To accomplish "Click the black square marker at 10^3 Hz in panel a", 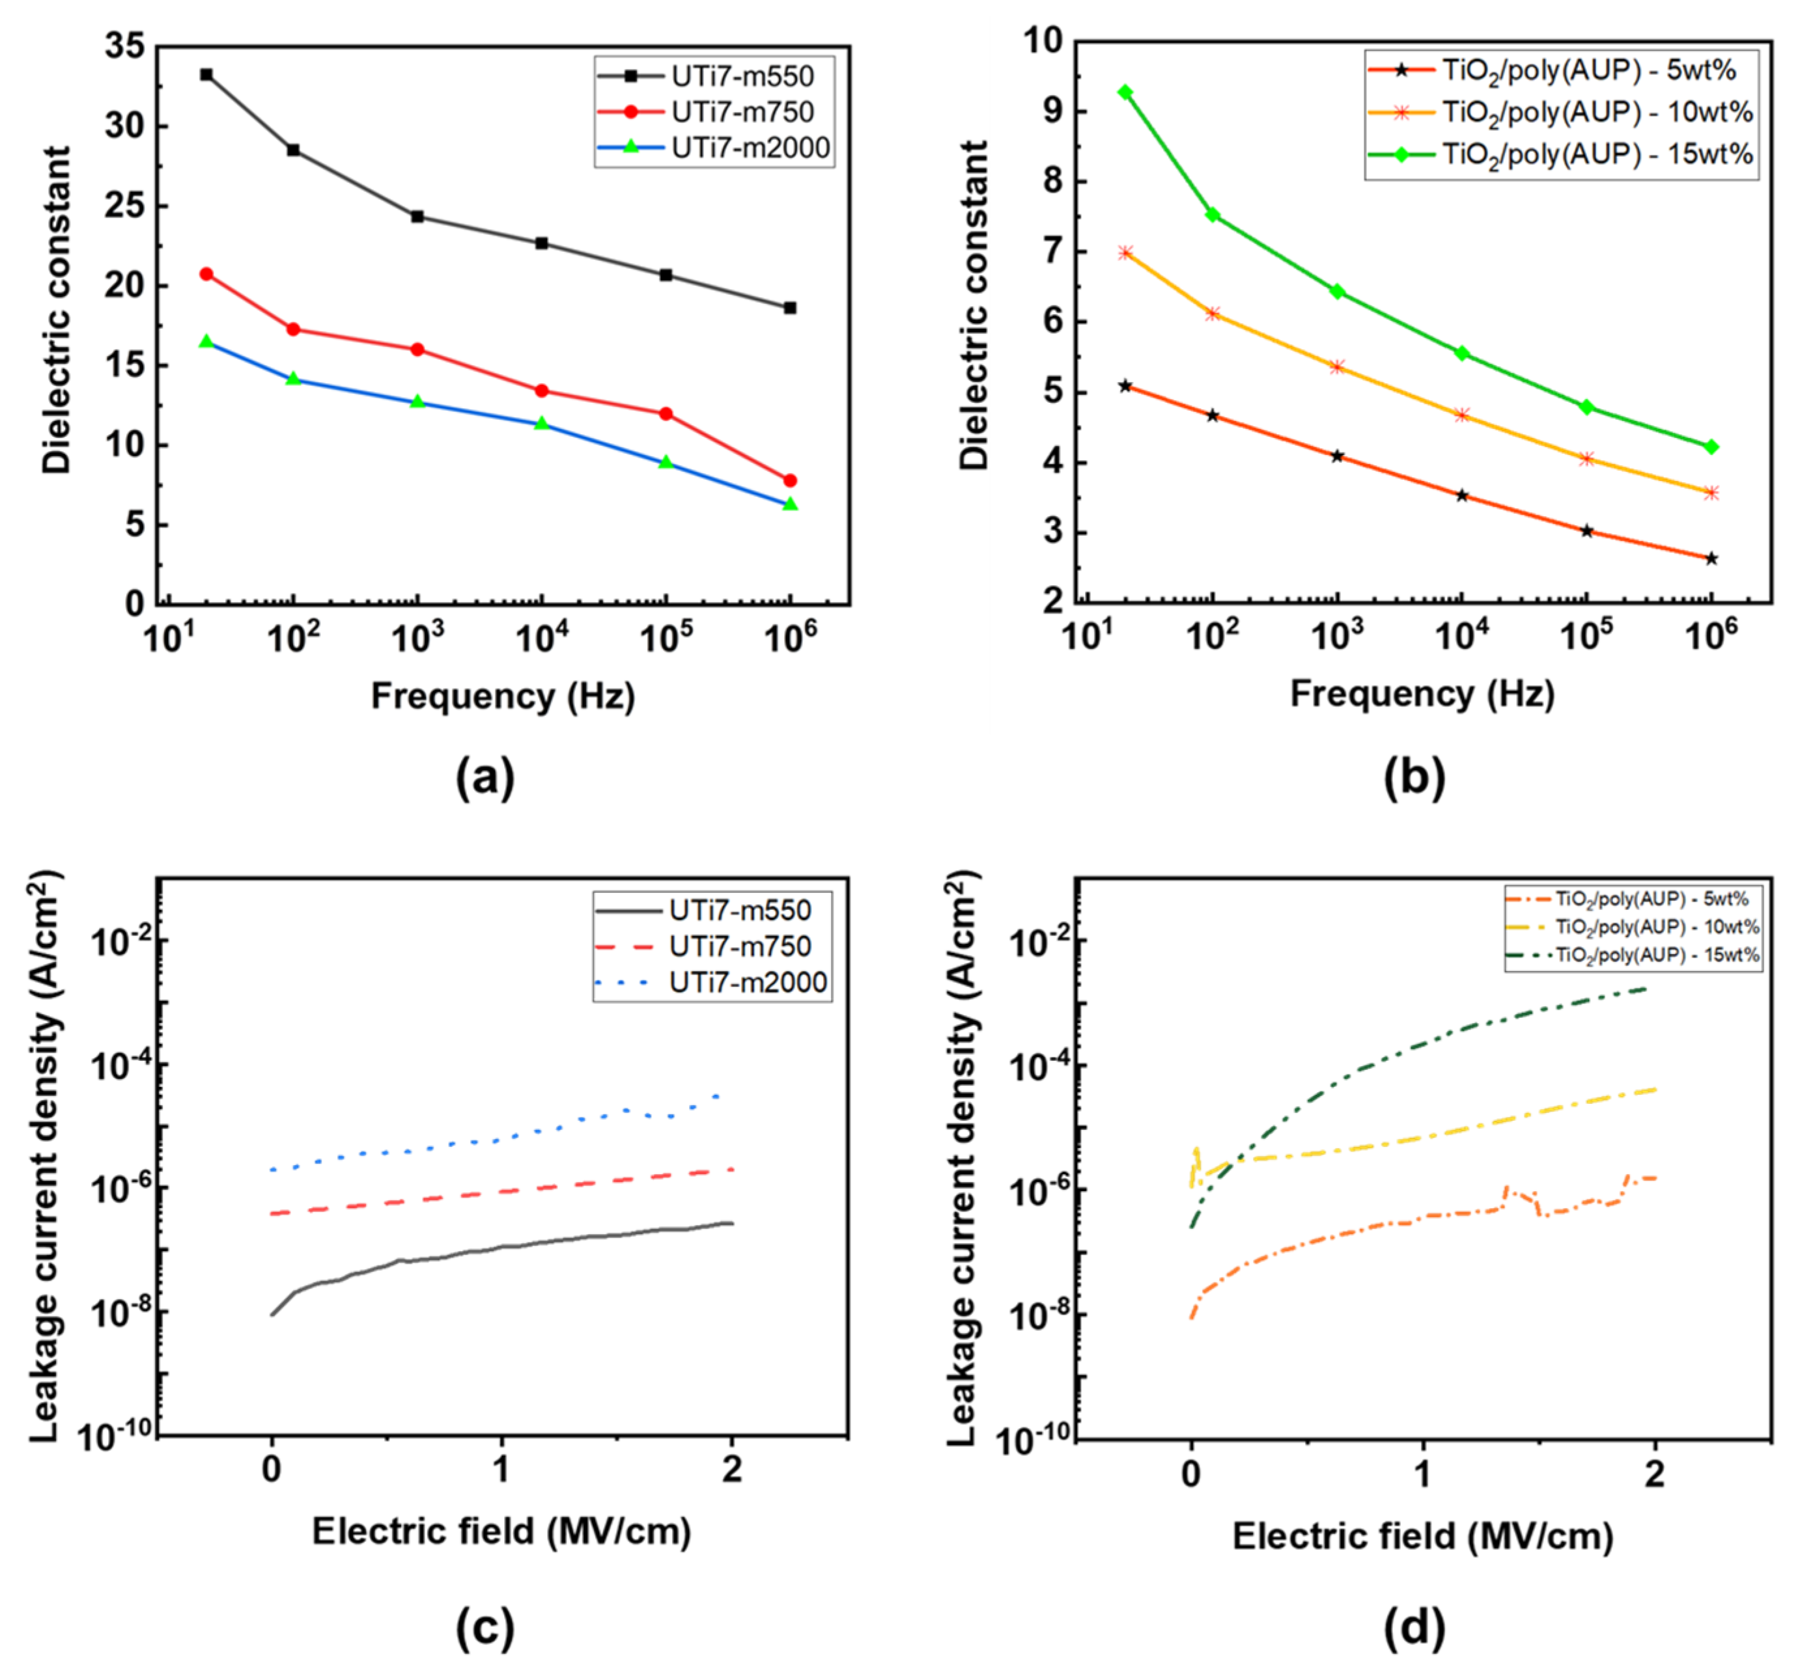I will coord(417,216).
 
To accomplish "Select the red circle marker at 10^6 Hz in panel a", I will coord(789,480).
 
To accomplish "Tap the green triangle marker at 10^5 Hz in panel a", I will coord(666,462).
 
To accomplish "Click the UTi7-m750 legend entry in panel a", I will coord(742,112).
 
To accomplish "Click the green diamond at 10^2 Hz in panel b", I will coord(1213,215).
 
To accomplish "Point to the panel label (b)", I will coord(1414,776).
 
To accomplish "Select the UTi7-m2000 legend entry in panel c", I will coord(747,983).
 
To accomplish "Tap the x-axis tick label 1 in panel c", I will coord(501,1469).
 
